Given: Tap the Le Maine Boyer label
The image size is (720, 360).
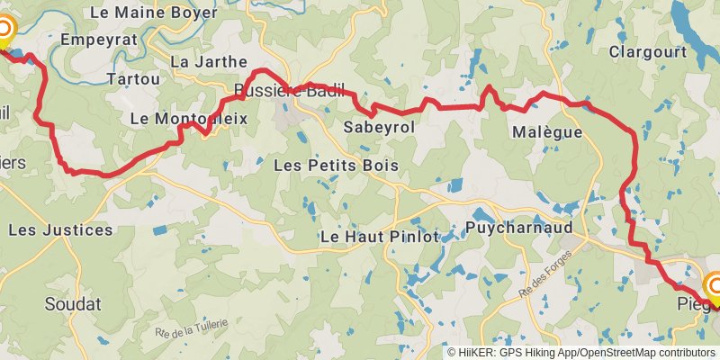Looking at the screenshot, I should (x=154, y=13).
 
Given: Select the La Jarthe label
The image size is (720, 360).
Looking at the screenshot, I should (x=208, y=62).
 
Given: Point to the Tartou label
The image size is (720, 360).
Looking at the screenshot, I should (x=133, y=79).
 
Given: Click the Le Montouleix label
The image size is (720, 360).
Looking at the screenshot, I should (x=188, y=118).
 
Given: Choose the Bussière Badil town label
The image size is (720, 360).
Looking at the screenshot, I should (x=289, y=89).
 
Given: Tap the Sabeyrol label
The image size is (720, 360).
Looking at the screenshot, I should (x=379, y=128).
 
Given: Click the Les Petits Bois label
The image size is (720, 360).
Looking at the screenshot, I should (x=336, y=166).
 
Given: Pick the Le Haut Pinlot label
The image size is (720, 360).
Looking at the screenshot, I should (x=379, y=238).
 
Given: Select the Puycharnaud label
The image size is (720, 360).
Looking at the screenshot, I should (x=520, y=229).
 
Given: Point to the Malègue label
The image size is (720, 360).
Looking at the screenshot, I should (x=547, y=132).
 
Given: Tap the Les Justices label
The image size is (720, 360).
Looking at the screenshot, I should (x=61, y=229).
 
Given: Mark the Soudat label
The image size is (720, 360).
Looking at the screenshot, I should (x=73, y=303).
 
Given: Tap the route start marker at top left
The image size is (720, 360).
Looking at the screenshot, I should (x=3, y=34).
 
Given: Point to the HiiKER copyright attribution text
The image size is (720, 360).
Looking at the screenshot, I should (x=581, y=353).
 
